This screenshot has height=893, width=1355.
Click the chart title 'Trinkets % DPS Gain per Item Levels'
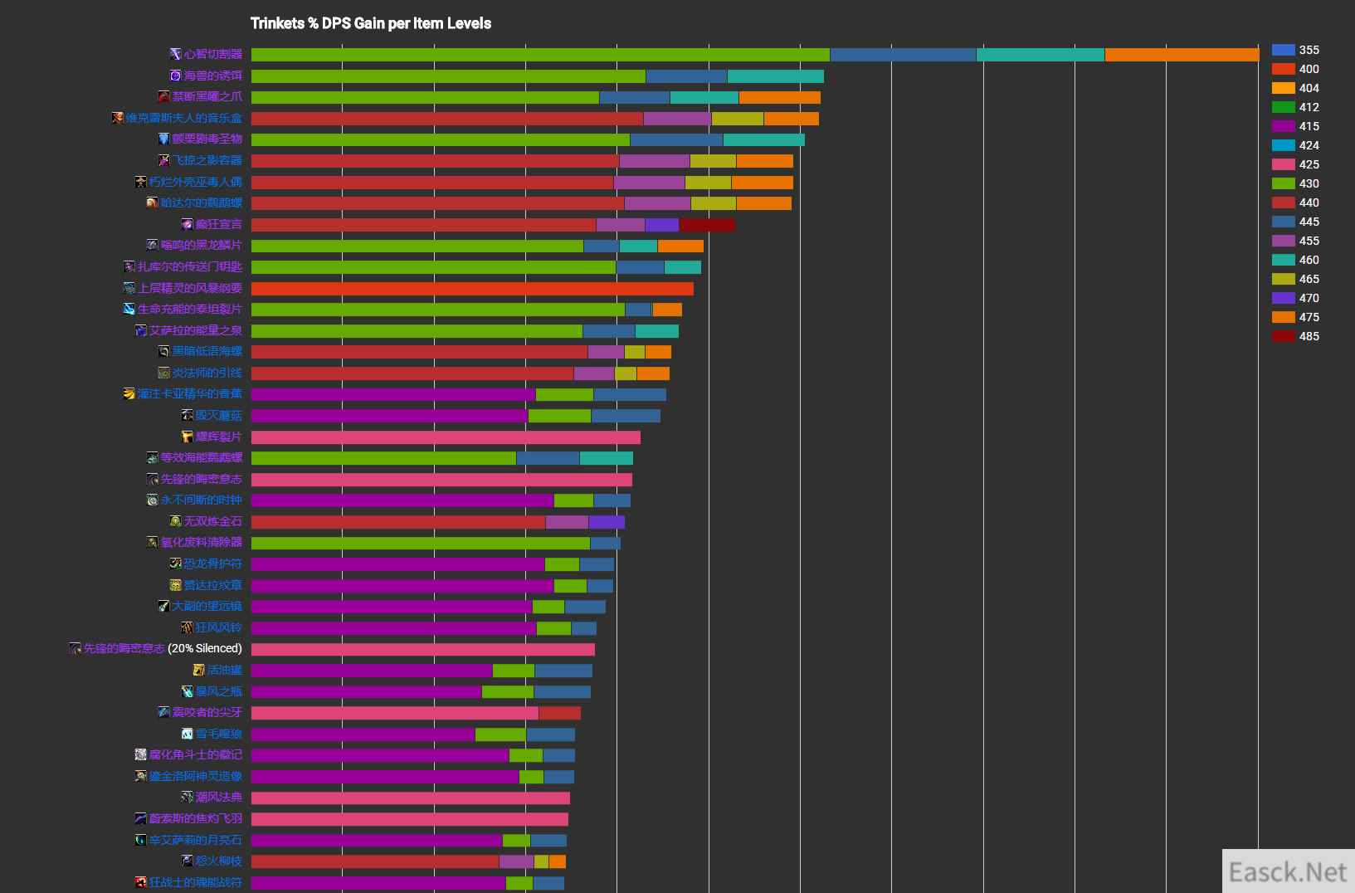pos(371,23)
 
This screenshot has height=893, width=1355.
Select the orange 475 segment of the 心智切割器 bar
pos(1182,55)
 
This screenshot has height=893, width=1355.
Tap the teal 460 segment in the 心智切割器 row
pos(1041,55)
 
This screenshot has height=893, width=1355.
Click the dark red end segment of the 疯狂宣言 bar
pos(707,225)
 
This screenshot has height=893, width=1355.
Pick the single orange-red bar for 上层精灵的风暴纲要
pos(472,289)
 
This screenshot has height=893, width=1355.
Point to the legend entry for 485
pos(1295,336)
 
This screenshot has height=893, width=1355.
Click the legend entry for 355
pos(1295,50)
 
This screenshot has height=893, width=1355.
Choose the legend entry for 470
pos(1295,298)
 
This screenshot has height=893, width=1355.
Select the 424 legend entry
pos(1295,145)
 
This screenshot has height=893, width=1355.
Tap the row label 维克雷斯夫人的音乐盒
pos(183,118)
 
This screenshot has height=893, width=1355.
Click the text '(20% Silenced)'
pos(205,648)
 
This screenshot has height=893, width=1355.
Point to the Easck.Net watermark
pos(1288,872)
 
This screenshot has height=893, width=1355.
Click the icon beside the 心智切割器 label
pos(175,54)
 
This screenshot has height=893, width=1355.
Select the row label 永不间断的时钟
pos(201,500)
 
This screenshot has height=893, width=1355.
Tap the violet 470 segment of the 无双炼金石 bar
pos(607,522)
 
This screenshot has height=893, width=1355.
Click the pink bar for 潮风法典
pos(410,798)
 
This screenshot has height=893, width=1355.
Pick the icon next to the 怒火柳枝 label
pos(188,861)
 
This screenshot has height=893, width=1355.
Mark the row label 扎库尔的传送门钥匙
pos(189,266)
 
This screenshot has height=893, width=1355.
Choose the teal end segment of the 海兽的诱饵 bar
pos(775,76)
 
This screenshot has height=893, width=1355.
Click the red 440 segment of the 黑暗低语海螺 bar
pos(419,352)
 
